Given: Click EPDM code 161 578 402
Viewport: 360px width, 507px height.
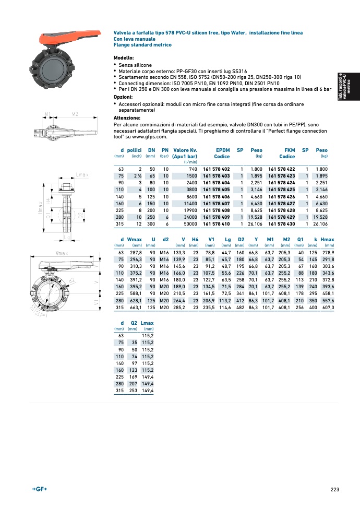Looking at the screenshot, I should click(x=216, y=169).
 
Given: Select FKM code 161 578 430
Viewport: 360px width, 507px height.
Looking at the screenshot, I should click(x=281, y=224).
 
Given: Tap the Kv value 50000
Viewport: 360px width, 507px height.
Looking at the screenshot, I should click(x=189, y=224).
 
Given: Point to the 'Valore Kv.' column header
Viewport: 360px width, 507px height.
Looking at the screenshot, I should click(x=185, y=150).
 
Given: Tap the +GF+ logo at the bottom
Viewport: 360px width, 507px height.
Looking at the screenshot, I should click(x=40, y=489).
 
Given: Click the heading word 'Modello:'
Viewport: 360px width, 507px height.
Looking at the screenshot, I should click(x=124, y=57).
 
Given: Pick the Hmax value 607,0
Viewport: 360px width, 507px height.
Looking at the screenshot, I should click(x=328, y=307).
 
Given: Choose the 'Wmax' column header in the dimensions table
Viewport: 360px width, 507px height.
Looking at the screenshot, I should click(x=135, y=240).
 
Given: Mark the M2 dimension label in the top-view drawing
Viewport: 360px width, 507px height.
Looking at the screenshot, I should click(x=75, y=114).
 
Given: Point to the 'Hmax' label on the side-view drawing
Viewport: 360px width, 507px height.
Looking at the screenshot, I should click(x=40, y=207).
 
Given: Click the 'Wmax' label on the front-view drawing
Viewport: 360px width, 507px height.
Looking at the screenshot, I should click(x=63, y=253).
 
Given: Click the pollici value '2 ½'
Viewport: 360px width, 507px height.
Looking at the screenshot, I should click(x=138, y=176).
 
